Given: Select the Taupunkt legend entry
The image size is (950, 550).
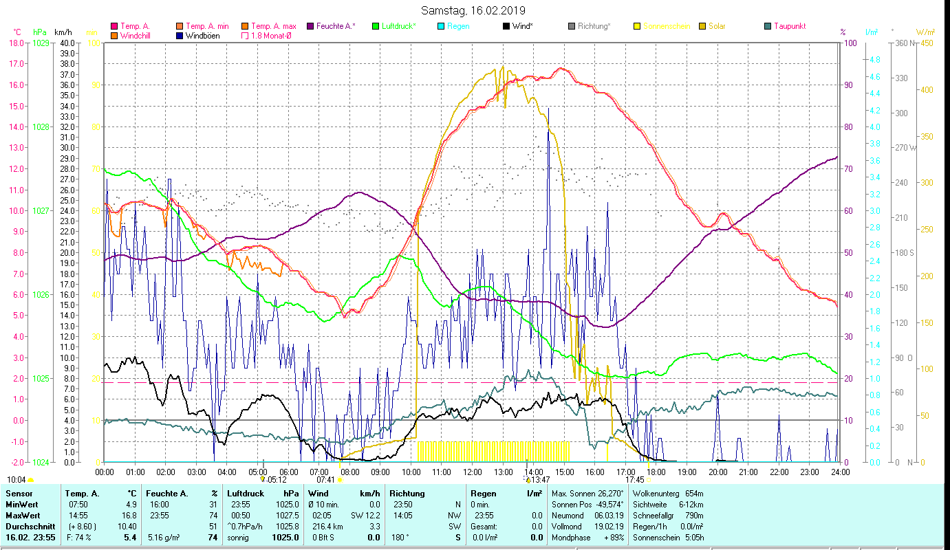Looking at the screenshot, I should point(789,26).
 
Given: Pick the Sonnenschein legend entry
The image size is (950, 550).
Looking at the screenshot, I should point(667,26).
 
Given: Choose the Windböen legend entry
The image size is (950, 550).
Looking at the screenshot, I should point(203,36).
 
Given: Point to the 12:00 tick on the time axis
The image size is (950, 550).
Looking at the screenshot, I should point(472,472).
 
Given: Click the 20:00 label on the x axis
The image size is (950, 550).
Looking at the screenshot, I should point(717,472).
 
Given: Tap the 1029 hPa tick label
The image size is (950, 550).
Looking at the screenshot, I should point(41,43).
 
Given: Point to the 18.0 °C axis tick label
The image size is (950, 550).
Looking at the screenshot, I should point(17,43).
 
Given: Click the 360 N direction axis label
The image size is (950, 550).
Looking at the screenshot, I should point(903,43).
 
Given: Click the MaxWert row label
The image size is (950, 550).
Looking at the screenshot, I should point(23,515).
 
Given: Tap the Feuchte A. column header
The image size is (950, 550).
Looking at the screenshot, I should point(164,493).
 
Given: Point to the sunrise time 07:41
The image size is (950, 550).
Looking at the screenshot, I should point(325,480).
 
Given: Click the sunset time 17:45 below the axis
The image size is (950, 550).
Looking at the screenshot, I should point(634,480).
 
